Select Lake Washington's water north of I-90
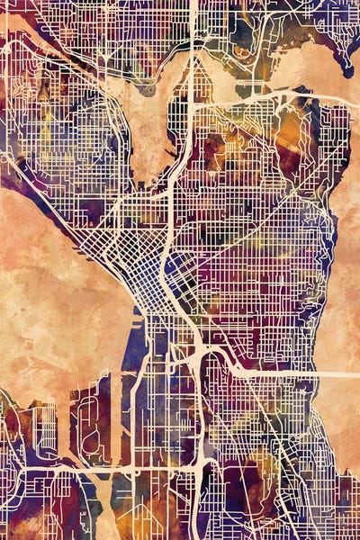[x=342, y=270]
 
